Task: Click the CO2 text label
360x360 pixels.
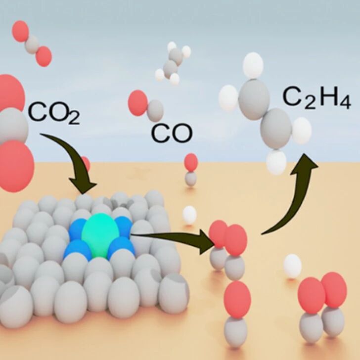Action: [x=54, y=113]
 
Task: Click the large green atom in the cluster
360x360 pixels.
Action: [x=100, y=235]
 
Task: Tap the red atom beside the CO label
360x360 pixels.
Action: [x=137, y=103]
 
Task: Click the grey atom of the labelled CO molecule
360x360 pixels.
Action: [x=155, y=111]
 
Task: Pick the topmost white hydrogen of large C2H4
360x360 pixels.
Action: [x=253, y=65]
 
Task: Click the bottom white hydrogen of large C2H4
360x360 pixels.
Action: [x=276, y=162]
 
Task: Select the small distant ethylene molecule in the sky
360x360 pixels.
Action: [x=173, y=63]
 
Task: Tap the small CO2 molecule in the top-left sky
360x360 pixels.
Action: [x=32, y=44]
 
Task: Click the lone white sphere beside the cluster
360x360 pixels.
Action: [x=189, y=215]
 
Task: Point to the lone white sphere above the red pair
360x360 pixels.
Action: [x=292, y=267]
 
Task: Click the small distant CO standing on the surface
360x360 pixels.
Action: [x=191, y=170]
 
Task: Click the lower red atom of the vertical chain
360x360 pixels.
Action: [x=237, y=299]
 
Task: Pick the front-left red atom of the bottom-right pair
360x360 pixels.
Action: [x=312, y=296]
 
